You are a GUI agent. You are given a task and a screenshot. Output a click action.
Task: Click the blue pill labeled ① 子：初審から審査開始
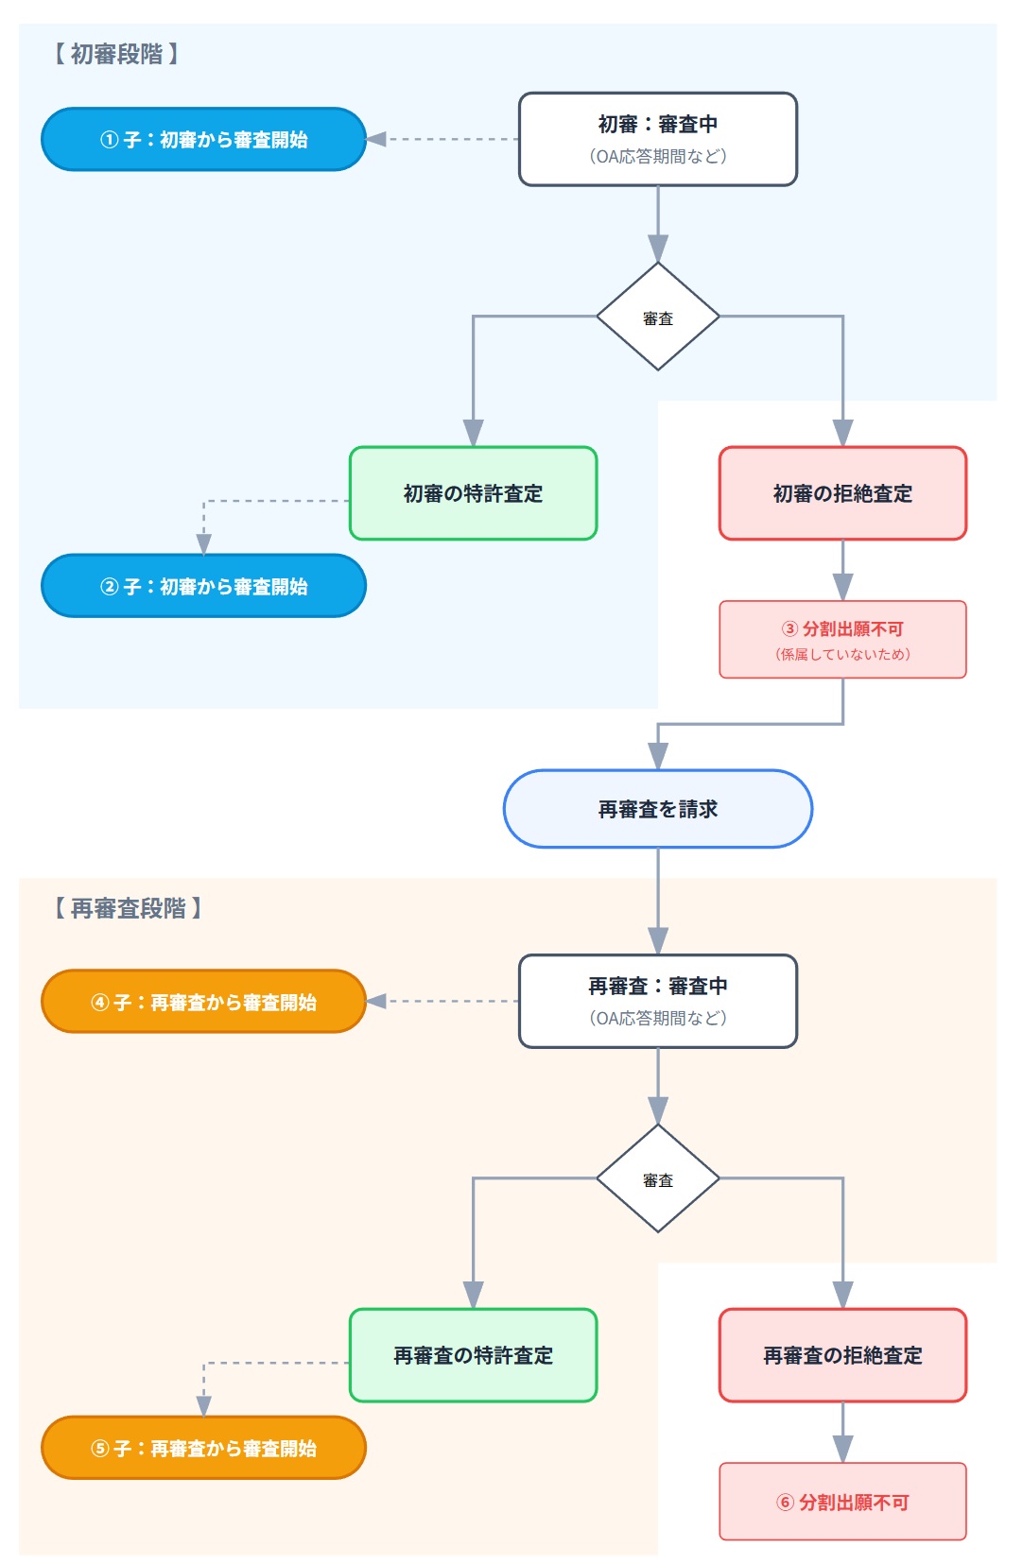point(203,139)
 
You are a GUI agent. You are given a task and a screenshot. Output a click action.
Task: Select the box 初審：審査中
point(657,139)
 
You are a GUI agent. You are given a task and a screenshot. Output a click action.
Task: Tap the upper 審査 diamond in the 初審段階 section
point(657,317)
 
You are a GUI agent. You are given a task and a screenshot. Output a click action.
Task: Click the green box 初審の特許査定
point(473,493)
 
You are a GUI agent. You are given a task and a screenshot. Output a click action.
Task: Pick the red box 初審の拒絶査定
point(842,493)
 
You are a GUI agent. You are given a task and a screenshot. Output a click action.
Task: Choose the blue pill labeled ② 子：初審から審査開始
point(203,586)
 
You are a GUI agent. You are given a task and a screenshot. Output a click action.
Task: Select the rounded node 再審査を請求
point(657,809)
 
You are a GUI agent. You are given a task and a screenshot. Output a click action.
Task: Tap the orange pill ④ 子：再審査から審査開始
point(203,1002)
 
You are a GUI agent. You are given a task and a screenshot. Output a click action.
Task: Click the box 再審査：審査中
point(657,1001)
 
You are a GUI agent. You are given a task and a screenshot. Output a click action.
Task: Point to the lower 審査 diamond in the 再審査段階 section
point(657,1178)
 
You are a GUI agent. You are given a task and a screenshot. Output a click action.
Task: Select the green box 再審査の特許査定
point(473,1355)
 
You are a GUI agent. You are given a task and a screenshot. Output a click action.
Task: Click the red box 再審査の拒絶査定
point(842,1355)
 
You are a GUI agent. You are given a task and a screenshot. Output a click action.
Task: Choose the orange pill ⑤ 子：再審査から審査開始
point(203,1448)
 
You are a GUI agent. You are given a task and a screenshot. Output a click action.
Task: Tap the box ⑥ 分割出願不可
point(842,1502)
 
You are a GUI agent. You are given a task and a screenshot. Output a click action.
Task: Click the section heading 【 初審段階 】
point(115,54)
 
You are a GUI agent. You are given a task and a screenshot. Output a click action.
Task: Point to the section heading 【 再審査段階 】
point(127,908)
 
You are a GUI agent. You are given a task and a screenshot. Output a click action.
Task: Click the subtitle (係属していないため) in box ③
point(842,654)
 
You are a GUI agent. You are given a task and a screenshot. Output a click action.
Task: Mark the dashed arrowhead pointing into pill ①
point(376,139)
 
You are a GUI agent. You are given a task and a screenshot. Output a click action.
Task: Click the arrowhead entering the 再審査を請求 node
point(658,756)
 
